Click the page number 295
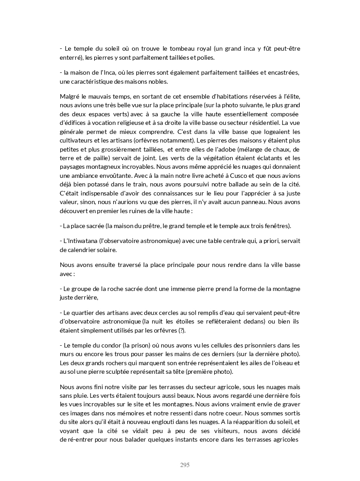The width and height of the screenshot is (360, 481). click(184, 465)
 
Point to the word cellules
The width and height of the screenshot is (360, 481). click(214, 345)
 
